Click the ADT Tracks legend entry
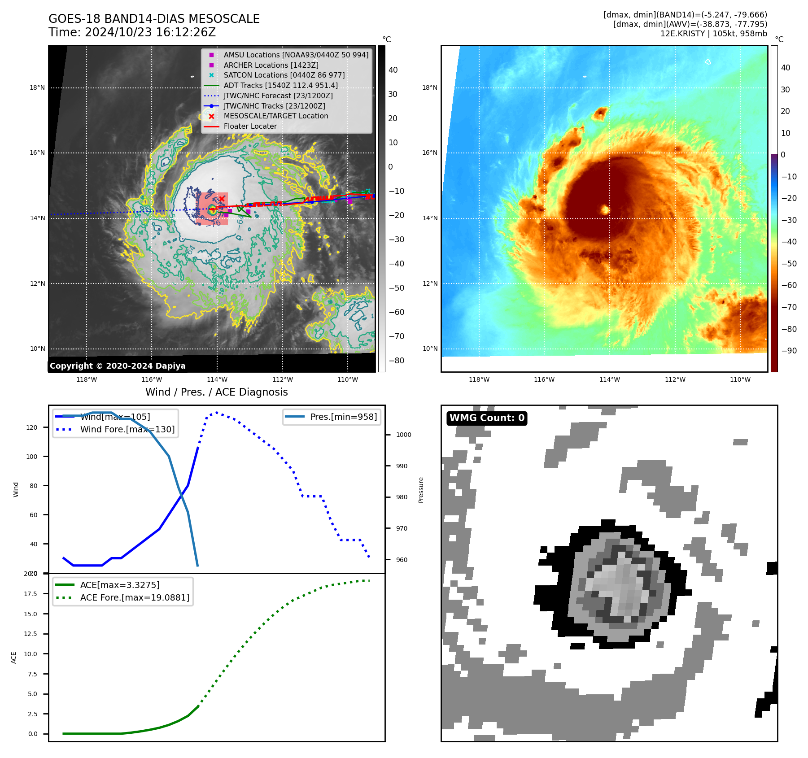[280, 85]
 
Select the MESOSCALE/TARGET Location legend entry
[275, 116]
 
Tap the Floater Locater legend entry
[250, 126]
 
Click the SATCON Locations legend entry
[284, 75]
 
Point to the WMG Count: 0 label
[487, 418]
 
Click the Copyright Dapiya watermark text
[118, 366]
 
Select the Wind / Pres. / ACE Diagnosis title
[216, 392]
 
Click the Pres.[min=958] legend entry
[343, 417]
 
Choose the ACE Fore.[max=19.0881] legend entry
[135, 597]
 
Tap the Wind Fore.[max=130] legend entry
[127, 429]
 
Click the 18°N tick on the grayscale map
[37, 88]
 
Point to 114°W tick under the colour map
[609, 379]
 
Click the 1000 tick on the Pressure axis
[403, 435]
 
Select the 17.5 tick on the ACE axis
[31, 594]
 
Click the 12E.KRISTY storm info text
[713, 34]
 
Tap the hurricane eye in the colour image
[604, 209]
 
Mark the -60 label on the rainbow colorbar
[788, 285]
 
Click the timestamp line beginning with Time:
[132, 32]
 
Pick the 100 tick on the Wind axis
[32, 457]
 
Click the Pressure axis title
[421, 490]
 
